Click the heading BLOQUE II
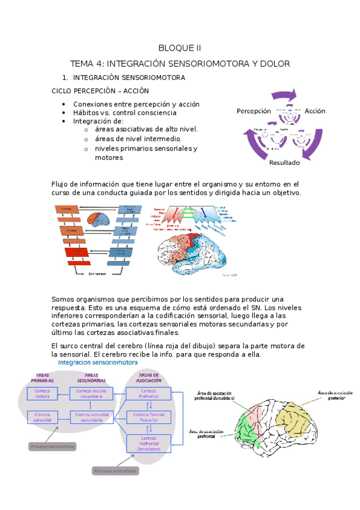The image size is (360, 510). (180, 48)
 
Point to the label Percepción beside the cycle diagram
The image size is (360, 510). (254, 111)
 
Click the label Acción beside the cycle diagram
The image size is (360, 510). (314, 111)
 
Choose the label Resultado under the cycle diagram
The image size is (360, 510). (285, 162)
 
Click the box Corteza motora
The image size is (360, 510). (42, 393)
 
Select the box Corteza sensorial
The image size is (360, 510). (42, 417)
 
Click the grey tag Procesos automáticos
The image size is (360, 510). (54, 447)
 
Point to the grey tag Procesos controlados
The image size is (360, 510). (117, 470)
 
